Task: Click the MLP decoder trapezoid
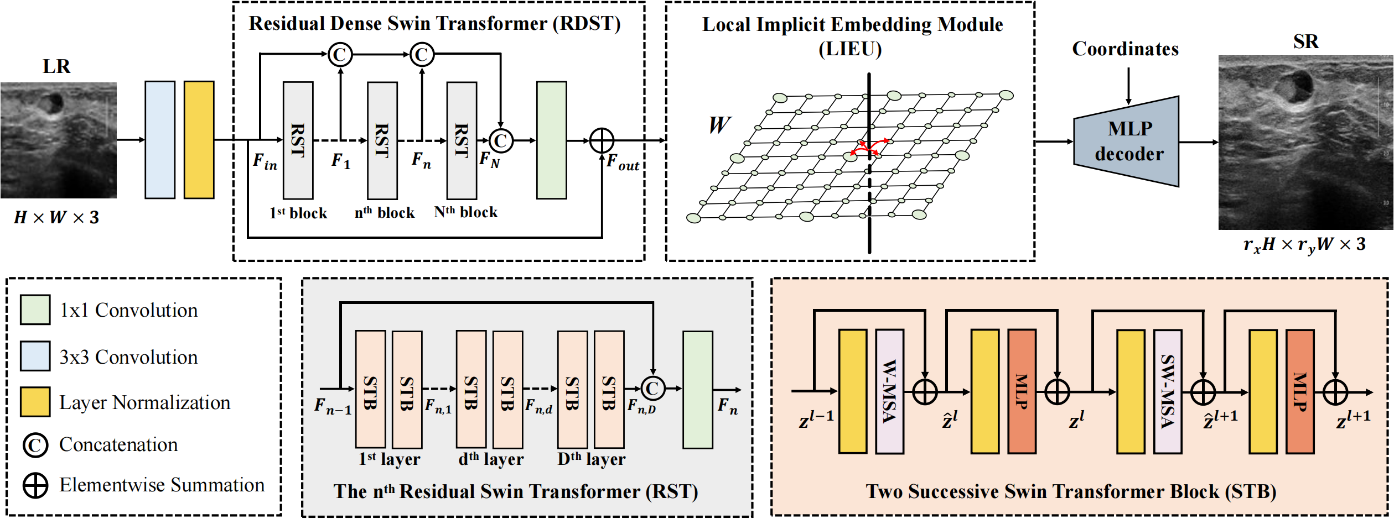[x=1127, y=141]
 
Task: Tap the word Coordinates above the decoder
[x=1125, y=49]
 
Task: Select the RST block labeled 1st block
[x=298, y=140]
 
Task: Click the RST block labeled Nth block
[x=462, y=140]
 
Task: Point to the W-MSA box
[x=889, y=391]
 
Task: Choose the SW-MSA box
[x=1168, y=391]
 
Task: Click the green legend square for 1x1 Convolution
[x=35, y=310]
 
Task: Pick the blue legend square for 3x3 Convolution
[x=35, y=356]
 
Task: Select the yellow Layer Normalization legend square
[x=35, y=402]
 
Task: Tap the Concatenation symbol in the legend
[x=35, y=445]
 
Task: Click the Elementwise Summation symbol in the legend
[x=35, y=485]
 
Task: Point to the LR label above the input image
[x=56, y=67]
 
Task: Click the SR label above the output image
[x=1305, y=42]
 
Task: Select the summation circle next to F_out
[x=602, y=140]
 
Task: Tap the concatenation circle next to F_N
[x=501, y=140]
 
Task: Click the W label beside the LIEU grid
[x=719, y=125]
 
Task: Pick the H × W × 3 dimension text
[x=56, y=217]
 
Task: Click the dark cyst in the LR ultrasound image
[x=55, y=102]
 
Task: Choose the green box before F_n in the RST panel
[x=697, y=390]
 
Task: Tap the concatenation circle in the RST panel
[x=652, y=388]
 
